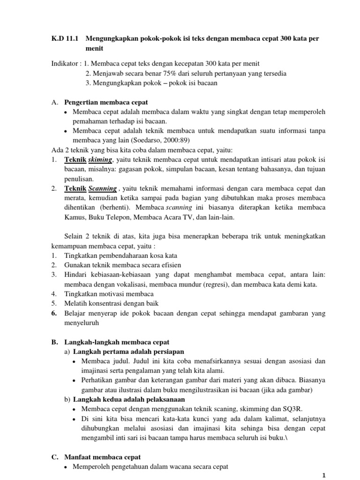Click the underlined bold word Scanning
point(102,188)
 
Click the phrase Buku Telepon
point(107,218)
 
